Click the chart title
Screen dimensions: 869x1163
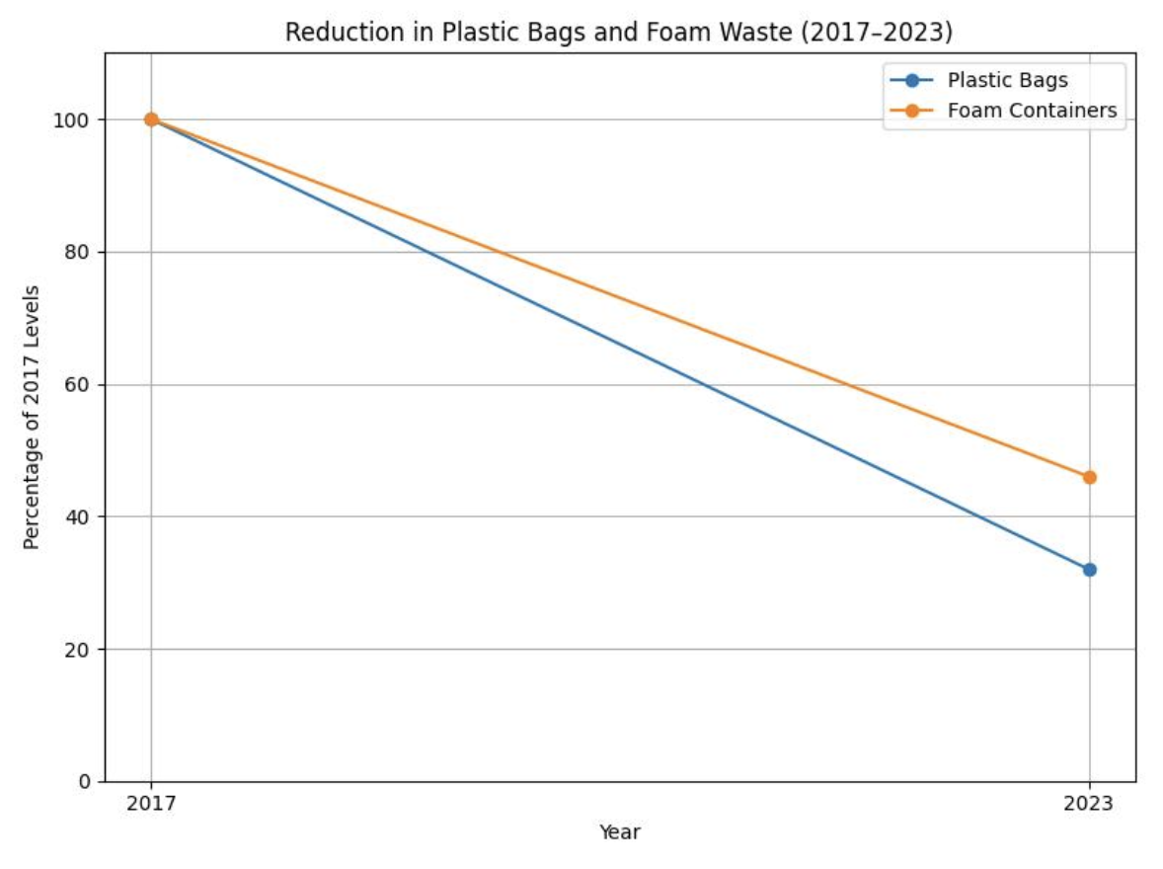[x=619, y=33]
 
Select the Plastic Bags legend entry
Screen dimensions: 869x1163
[x=1007, y=80]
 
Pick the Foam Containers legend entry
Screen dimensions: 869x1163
[x=1032, y=111]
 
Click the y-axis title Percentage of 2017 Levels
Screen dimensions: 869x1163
[x=32, y=417]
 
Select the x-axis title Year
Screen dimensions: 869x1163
[x=619, y=832]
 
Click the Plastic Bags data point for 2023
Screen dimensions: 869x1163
[x=1089, y=570]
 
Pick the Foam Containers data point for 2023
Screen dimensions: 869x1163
[x=1089, y=477]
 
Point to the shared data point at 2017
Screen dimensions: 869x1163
[x=151, y=119]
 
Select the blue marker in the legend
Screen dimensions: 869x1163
[x=911, y=80]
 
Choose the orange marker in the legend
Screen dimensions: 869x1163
[x=911, y=111]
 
